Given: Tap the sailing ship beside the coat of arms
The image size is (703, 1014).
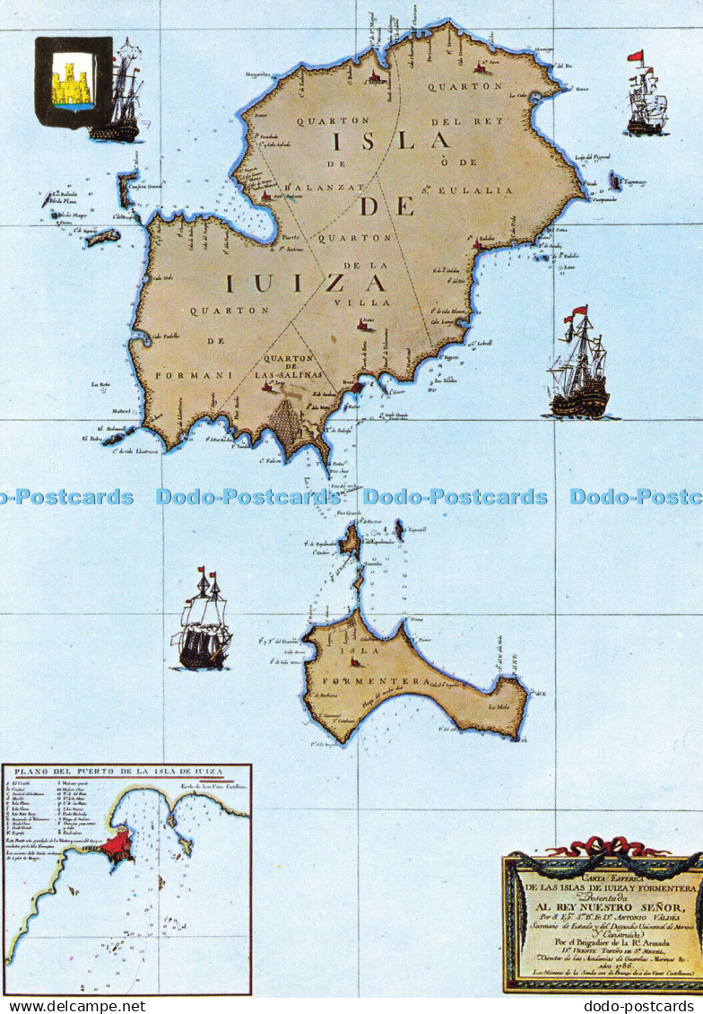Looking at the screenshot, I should pyautogui.click(x=120, y=94).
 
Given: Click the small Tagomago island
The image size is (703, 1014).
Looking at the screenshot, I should pyautogui.click(x=615, y=181).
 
